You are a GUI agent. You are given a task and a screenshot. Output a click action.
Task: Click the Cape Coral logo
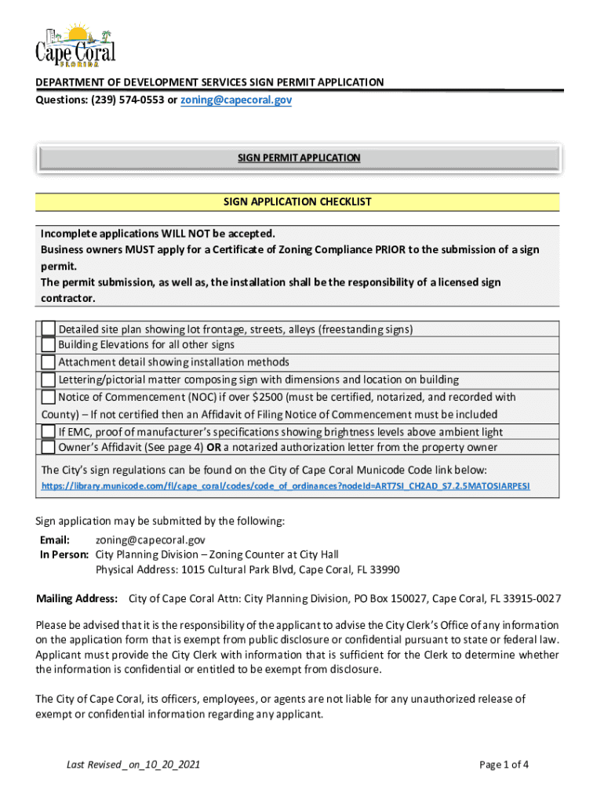click(x=75, y=45)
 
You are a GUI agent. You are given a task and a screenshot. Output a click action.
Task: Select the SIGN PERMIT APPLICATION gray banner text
click(x=299, y=158)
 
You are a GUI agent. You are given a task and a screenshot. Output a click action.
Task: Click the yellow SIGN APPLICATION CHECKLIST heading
click(x=297, y=202)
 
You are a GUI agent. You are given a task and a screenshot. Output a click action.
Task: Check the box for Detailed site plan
click(x=49, y=329)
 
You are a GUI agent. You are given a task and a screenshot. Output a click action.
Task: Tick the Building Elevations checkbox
click(x=49, y=345)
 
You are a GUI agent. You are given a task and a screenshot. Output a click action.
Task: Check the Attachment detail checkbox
click(x=49, y=362)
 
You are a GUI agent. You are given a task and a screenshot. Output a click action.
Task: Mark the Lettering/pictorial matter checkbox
click(x=49, y=380)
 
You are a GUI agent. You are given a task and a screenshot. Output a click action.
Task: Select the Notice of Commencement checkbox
click(x=49, y=397)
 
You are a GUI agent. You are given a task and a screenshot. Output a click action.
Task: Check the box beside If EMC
click(x=49, y=431)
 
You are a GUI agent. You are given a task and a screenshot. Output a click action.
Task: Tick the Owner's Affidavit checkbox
click(x=49, y=447)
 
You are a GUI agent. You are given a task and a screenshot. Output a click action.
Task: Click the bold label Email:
click(x=55, y=540)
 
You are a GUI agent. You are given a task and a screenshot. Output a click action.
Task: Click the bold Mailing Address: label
click(x=77, y=599)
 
